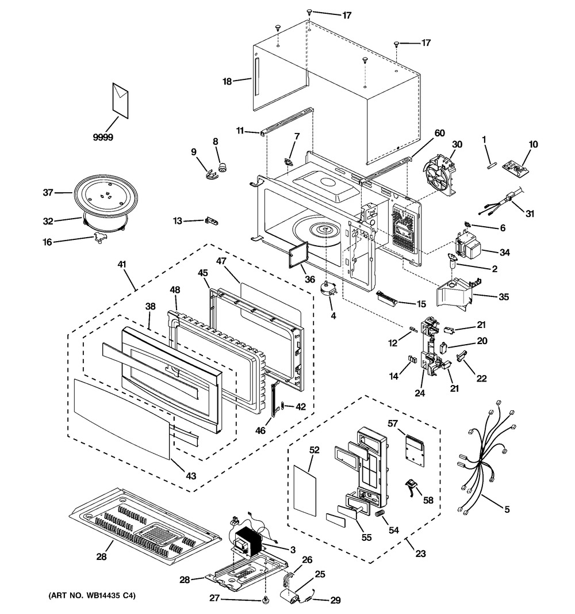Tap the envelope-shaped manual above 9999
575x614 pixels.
pos(121,98)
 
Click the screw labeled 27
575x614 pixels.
pos(265,601)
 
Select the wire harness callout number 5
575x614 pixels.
pos(507,509)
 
